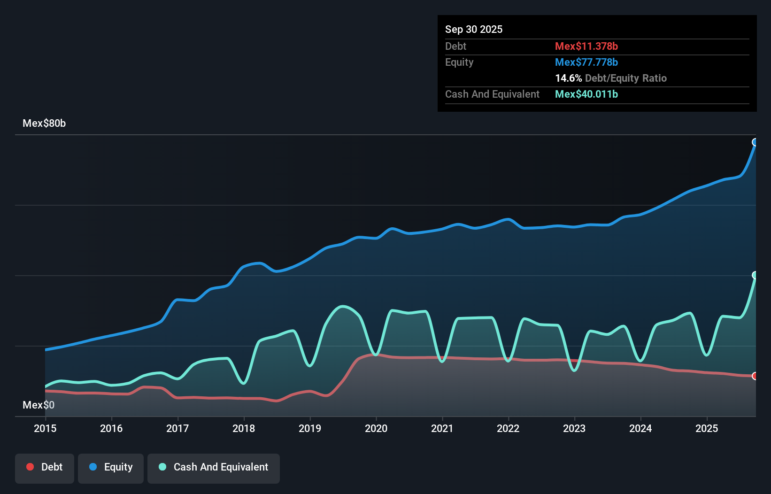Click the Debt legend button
44,467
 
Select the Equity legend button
111,467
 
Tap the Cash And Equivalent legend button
214,467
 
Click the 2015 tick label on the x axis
45,428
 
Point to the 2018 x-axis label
244,428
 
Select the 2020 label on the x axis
376,428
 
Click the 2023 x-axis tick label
574,428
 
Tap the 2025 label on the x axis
707,428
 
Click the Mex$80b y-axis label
44,123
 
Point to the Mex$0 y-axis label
39,405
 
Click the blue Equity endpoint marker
755,142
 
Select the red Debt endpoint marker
755,376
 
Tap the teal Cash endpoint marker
755,275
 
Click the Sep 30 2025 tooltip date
473,29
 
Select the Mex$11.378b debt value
586,46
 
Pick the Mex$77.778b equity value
586,62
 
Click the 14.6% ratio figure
568,78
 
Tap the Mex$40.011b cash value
586,94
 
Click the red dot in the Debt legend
30,467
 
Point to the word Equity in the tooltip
459,62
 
